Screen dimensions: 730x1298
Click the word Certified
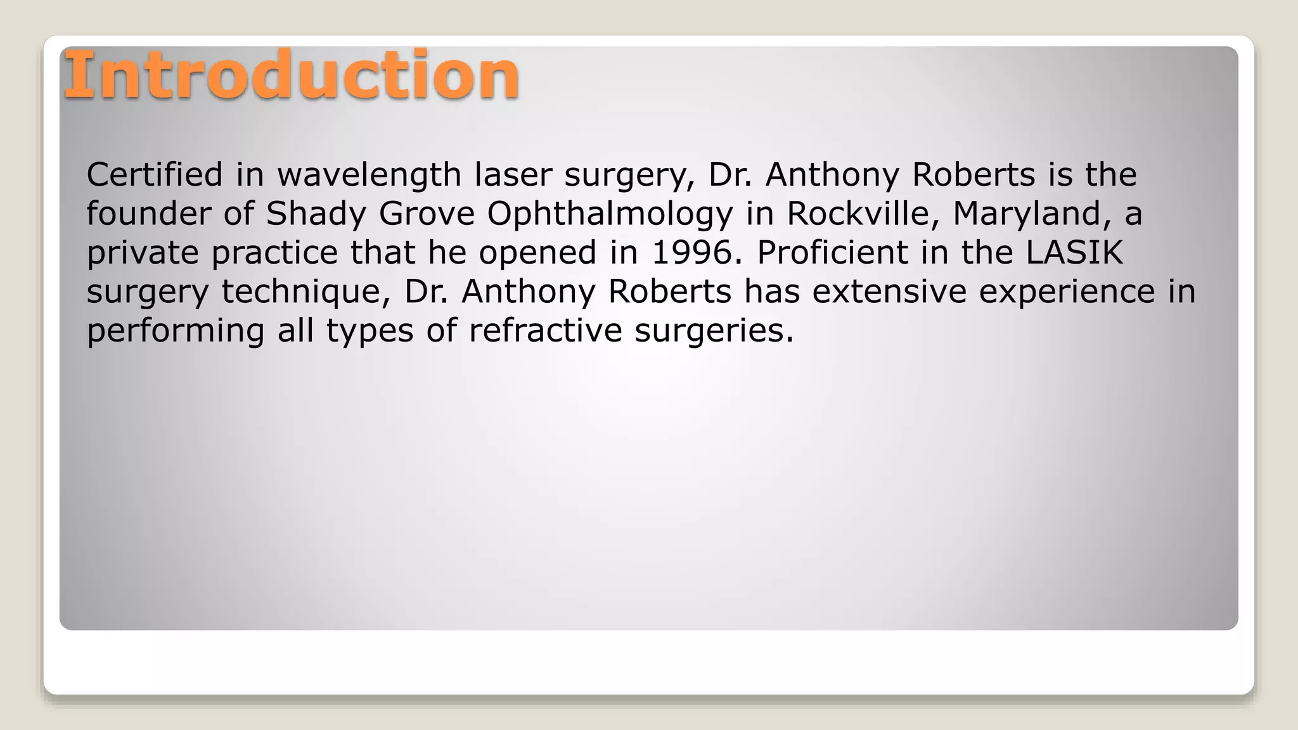[155, 174]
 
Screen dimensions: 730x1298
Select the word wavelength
[369, 176]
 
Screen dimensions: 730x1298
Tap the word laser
[513, 174]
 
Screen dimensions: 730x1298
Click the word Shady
[316, 214]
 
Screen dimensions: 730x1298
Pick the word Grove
[427, 213]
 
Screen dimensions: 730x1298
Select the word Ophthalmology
[610, 214]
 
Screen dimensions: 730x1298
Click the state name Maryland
[1032, 214]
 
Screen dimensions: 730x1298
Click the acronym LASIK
[1074, 252]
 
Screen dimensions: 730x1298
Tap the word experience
[1067, 292]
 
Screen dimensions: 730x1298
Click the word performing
[175, 331]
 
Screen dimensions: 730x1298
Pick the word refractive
[546, 330]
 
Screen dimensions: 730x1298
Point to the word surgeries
[714, 331]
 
